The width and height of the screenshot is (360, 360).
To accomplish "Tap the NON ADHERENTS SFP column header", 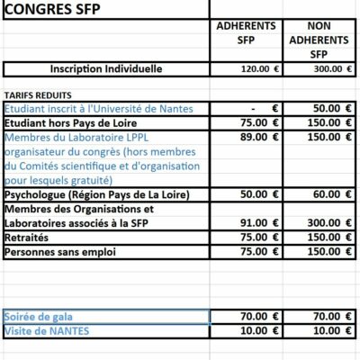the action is tap(320, 40).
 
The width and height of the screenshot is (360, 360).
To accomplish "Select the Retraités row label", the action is tap(28, 237).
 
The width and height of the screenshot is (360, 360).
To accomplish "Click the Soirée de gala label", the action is tap(40, 317).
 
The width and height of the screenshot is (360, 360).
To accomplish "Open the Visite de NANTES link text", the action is tap(47, 330).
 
